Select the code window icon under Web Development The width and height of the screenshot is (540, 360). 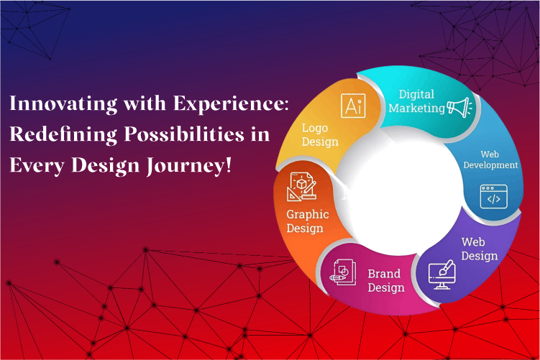coord(494,196)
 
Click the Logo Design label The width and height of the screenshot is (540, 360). coord(320,135)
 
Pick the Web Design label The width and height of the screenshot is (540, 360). coord(479,249)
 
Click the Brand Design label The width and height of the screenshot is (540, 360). coord(385,281)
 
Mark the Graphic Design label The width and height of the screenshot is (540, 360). coord(308,221)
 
